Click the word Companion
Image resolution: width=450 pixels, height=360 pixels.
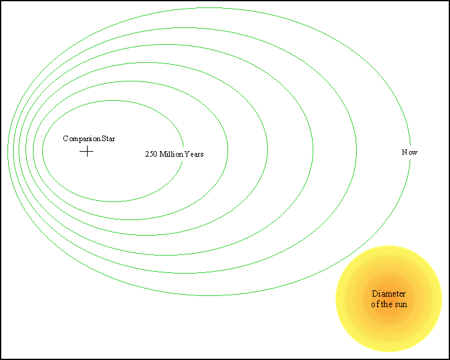82,139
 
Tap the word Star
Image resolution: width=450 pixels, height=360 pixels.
108,139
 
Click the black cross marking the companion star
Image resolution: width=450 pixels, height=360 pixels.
86,151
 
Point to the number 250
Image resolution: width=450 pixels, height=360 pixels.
151,154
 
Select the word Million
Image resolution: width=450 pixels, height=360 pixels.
172,154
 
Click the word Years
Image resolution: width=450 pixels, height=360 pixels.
194,154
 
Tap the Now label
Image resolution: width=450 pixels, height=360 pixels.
410,152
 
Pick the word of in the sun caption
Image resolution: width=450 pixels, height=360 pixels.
375,304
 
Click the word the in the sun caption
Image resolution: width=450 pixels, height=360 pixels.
386,304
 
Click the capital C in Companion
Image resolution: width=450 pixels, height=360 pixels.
65,139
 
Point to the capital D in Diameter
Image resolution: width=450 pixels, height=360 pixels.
375,293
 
